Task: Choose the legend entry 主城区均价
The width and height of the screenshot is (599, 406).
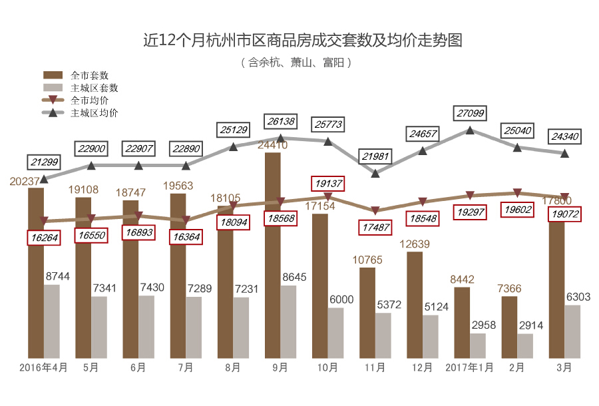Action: [x=93, y=112]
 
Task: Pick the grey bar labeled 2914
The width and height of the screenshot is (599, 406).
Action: [x=525, y=345]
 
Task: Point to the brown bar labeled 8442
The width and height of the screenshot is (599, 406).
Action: [x=462, y=322]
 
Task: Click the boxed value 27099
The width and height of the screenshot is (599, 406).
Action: [x=471, y=113]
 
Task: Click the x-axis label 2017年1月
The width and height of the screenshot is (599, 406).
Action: [x=470, y=367]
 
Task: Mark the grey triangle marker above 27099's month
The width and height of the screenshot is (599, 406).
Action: [x=470, y=130]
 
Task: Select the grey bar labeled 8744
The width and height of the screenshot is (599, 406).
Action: [x=51, y=321]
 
